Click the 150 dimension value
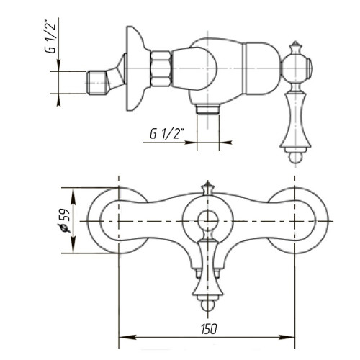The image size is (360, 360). click(209, 329)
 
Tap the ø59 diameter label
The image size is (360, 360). click(64, 220)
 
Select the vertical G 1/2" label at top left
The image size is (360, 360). click(50, 38)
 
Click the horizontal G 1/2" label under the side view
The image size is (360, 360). click(167, 133)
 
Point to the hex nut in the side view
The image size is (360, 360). click(161, 68)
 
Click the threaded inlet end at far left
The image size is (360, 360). click(96, 82)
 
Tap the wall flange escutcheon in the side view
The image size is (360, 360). click(135, 68)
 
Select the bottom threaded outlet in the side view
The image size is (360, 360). click(208, 109)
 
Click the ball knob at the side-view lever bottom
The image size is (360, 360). click(295, 158)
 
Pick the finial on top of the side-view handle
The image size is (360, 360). click(295, 48)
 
